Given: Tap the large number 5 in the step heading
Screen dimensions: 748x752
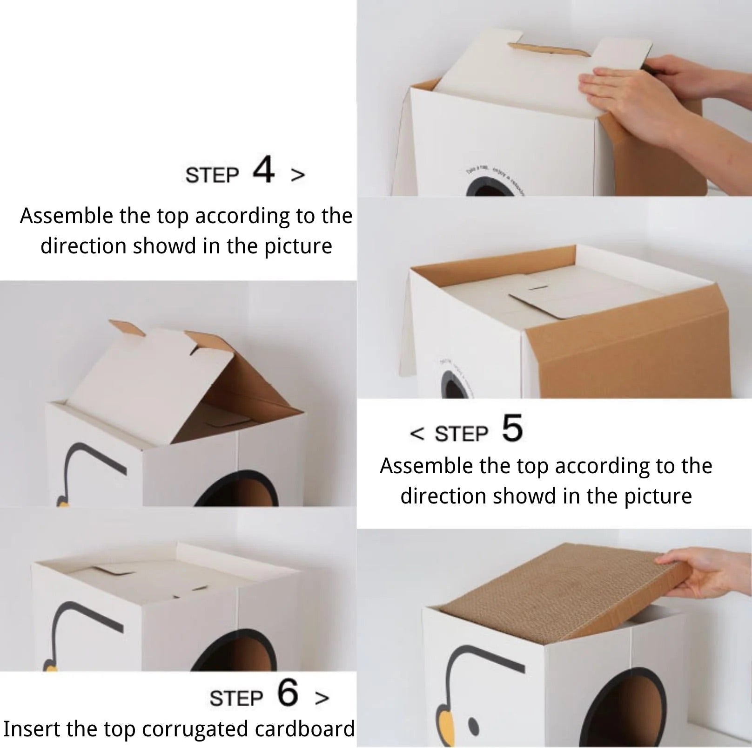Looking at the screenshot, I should coord(512,428).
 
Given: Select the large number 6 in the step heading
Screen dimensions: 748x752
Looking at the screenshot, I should coord(287,693).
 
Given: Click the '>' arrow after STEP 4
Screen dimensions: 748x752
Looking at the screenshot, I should coord(298,175).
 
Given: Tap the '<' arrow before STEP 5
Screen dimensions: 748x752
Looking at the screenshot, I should coord(417,434).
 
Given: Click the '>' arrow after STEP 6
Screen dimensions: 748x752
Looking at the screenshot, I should coord(322,698).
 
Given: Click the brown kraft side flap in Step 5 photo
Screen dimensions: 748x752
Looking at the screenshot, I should coord(628,354).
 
